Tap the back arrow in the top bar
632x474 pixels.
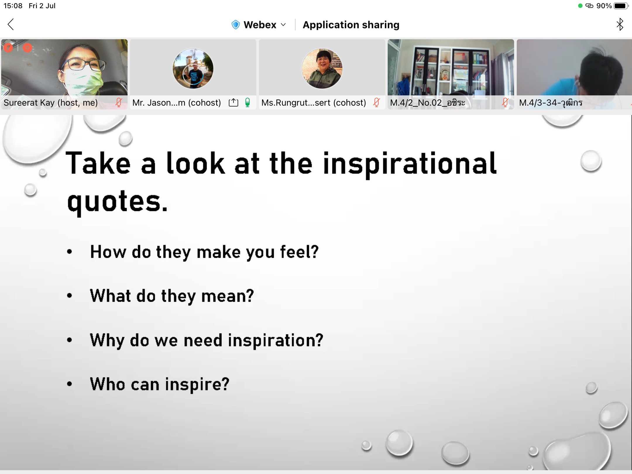tap(11, 24)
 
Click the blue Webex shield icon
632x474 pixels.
tap(236, 25)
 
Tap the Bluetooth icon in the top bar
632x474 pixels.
tap(620, 24)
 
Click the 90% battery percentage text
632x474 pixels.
tap(604, 6)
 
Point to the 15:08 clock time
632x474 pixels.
tap(13, 6)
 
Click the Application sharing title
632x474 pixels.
tap(351, 25)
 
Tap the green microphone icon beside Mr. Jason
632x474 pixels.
tap(248, 102)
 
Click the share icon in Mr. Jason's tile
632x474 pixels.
tap(233, 102)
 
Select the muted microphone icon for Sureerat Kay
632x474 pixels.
tap(119, 102)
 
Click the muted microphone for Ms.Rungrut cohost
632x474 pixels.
tap(377, 102)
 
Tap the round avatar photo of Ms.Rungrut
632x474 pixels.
tap(322, 68)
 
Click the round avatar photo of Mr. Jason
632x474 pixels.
tap(193, 68)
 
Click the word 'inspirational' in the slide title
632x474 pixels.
tap(410, 164)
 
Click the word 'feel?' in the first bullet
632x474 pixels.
tap(299, 252)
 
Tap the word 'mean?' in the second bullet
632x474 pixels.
tap(228, 296)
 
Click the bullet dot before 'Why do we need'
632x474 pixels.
tap(69, 340)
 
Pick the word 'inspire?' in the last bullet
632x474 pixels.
tap(197, 384)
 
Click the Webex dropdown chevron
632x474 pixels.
tap(283, 25)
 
